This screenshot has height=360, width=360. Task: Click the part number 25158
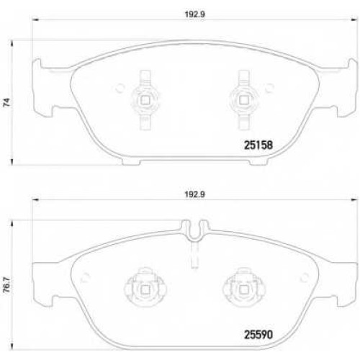click(258, 145)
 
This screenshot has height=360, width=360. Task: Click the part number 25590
click(258, 334)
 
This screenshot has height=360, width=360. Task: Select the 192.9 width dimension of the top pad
click(194, 14)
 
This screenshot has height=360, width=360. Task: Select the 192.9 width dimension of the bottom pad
click(194, 194)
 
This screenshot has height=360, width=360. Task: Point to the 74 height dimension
click(7, 102)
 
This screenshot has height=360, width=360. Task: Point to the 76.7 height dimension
click(7, 284)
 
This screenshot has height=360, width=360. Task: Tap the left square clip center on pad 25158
click(145, 100)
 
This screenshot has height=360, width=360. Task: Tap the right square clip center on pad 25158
click(243, 100)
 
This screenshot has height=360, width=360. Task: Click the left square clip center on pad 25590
click(145, 290)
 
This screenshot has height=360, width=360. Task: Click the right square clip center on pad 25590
click(243, 290)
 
